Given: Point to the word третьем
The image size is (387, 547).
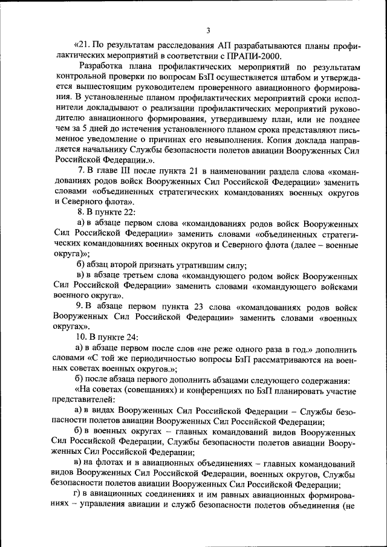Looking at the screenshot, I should click(x=138, y=276).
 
